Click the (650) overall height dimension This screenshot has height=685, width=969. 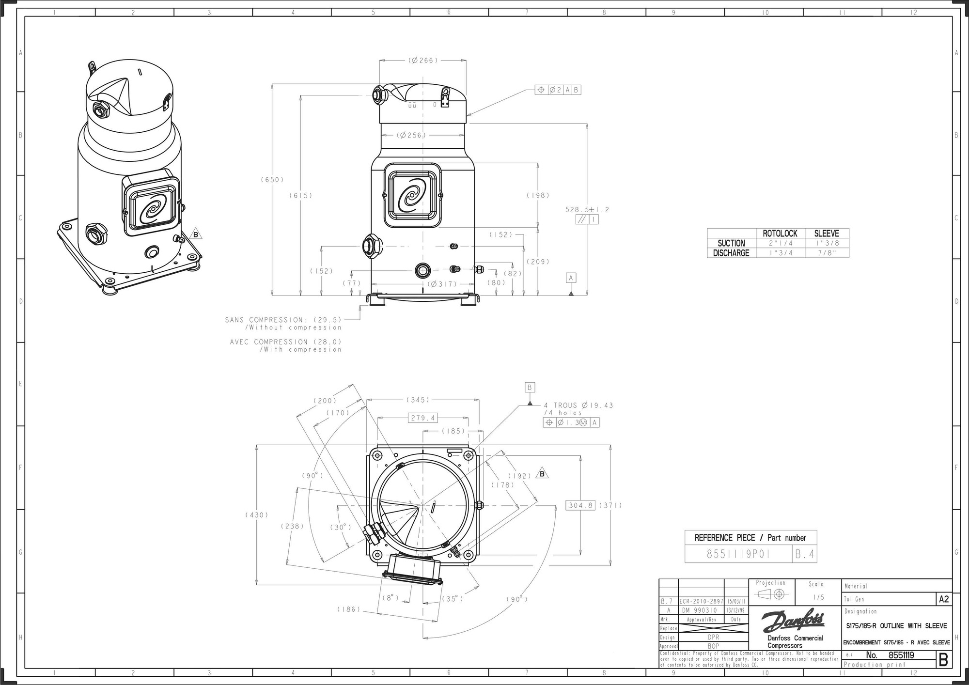click(x=272, y=180)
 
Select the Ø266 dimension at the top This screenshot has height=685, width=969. click(x=423, y=61)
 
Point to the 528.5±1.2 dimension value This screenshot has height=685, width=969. click(x=587, y=210)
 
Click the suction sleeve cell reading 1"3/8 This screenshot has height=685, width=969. click(x=827, y=243)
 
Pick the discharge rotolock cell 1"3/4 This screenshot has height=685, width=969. click(x=780, y=253)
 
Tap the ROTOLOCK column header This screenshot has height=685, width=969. click(x=780, y=234)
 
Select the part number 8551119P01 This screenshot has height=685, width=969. click(x=738, y=554)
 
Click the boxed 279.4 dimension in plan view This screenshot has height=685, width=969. click(x=423, y=418)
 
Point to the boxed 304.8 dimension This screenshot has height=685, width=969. click(x=580, y=505)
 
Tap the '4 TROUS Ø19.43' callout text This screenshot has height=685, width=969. click(x=578, y=405)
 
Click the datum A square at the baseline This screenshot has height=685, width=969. click(x=571, y=278)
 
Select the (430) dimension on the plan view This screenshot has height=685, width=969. click(x=256, y=515)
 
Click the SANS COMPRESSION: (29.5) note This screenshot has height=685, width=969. click(x=283, y=320)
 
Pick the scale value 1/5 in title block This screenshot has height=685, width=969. click(x=816, y=597)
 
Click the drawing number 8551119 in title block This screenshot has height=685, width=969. click(x=901, y=655)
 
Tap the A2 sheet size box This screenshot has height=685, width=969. click(x=943, y=599)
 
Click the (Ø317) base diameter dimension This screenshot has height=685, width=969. click(x=442, y=284)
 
